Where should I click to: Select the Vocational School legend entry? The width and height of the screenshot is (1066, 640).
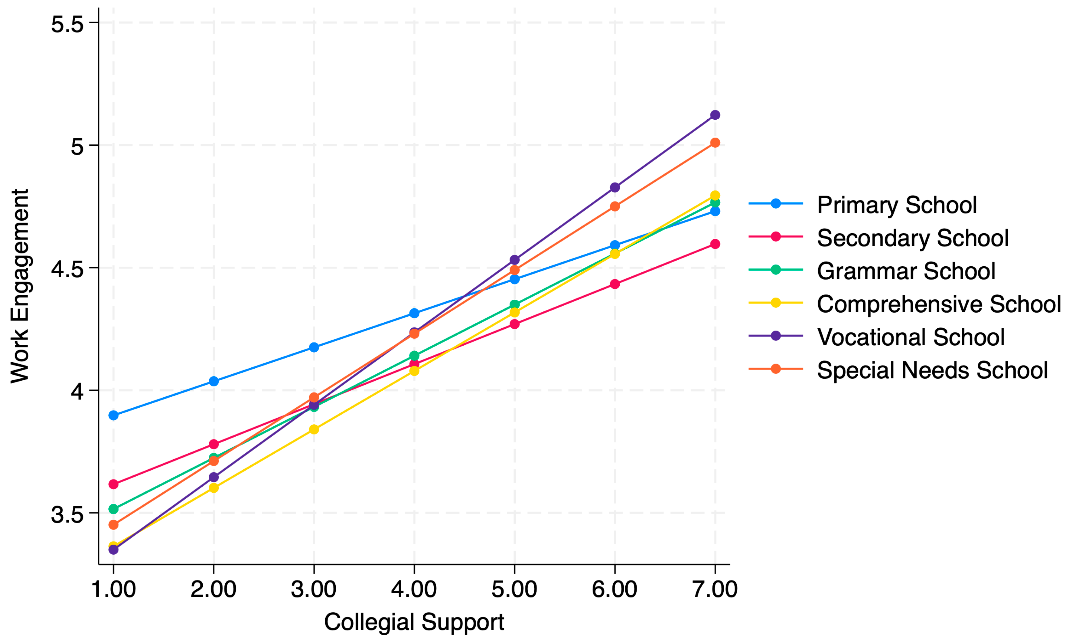tap(910, 337)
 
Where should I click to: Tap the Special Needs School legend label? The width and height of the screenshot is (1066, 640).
tap(932, 370)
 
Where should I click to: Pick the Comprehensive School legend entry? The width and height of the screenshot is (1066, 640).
tap(938, 303)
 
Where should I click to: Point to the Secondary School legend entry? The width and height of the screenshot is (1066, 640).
tap(912, 238)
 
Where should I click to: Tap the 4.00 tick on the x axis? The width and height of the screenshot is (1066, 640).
tap(414, 589)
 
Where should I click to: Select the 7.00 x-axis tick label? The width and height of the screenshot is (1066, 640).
tap(715, 589)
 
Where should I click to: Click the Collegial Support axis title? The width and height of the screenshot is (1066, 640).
tap(414, 622)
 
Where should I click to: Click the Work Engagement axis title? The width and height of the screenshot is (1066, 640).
tap(20, 286)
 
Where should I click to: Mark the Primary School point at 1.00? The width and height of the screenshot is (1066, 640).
tap(113, 415)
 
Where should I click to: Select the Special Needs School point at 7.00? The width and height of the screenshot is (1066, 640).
tap(715, 143)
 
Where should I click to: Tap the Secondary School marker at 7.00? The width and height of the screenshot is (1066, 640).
tap(715, 244)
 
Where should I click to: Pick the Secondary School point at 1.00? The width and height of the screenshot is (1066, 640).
tap(113, 484)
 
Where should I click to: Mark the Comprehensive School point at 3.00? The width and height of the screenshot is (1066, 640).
tap(314, 429)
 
